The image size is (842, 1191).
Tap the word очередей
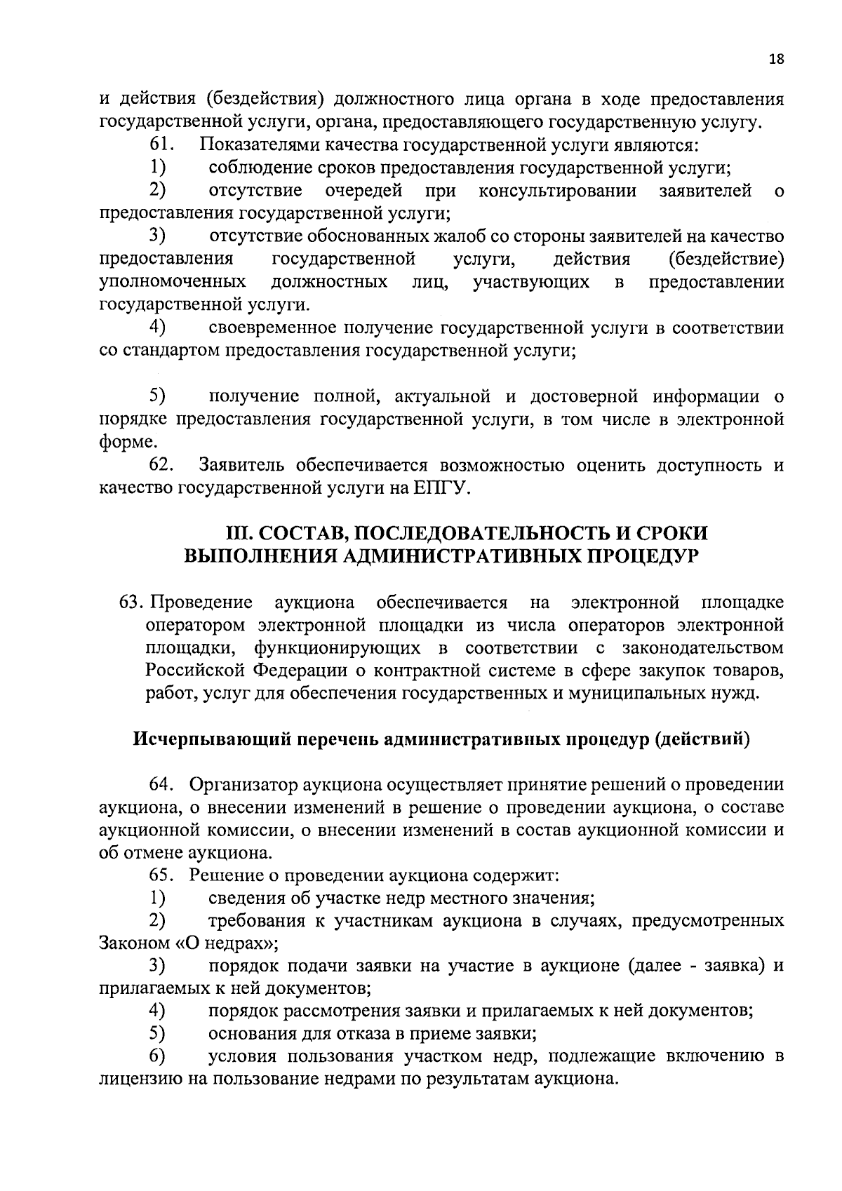(363, 191)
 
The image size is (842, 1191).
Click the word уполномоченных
(173, 283)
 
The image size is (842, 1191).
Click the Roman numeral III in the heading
(239, 533)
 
